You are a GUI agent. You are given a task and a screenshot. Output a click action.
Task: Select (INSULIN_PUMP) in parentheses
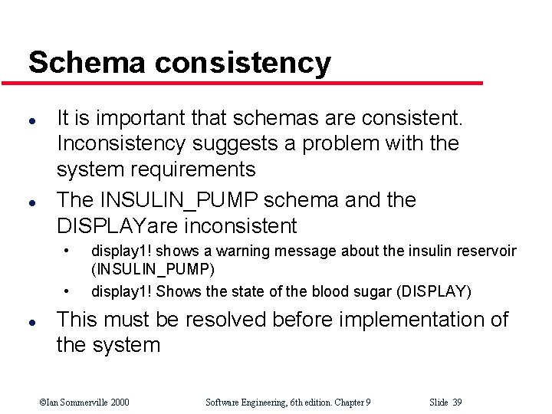point(153,269)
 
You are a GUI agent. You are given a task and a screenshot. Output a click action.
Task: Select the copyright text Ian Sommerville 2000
point(84,402)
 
